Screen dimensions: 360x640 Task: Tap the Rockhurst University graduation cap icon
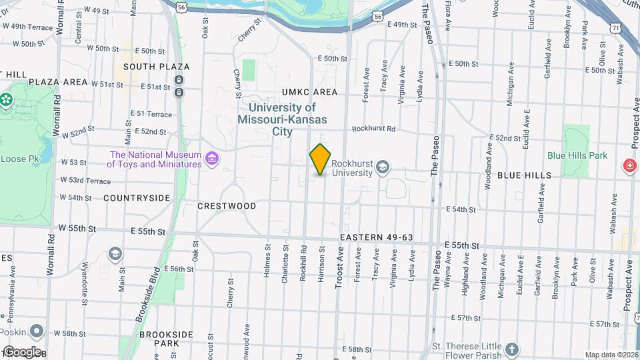[383, 166]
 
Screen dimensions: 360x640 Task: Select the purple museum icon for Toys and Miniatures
[213, 159]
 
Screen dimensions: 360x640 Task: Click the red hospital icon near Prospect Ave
[629, 165]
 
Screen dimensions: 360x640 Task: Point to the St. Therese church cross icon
[511, 349]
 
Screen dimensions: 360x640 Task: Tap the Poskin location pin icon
[37, 331]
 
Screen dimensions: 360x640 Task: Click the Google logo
[22, 351]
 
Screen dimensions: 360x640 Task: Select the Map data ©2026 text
[611, 355]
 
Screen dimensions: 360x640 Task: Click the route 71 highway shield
[615, 26]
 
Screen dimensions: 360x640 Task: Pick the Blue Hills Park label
[577, 155]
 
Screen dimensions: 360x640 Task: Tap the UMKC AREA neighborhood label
[309, 92]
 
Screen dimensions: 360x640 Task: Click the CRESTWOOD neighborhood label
[227, 206]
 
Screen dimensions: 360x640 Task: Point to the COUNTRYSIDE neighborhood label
[137, 198]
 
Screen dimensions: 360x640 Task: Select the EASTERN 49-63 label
[377, 237]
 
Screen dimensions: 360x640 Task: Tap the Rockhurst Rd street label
[373, 129]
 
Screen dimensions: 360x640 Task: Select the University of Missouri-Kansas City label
[282, 119]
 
